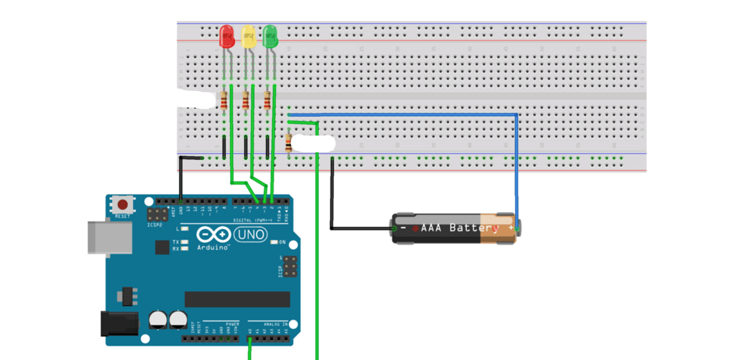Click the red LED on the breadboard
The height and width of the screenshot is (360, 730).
(227, 36)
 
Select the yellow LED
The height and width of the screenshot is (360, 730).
(248, 37)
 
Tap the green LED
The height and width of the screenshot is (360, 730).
(270, 36)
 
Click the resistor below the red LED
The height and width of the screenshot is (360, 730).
(224, 101)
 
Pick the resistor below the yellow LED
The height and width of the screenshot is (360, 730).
(246, 101)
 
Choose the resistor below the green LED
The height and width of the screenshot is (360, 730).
(267, 101)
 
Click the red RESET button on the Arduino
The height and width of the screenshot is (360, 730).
(123, 204)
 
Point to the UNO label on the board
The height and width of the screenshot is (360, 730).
(251, 234)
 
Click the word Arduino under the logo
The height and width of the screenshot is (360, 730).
(213, 247)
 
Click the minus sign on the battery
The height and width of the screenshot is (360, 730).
(403, 228)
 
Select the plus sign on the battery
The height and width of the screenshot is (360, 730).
(511, 228)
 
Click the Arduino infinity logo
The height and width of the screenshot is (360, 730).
(213, 234)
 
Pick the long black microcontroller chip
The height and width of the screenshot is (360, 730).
(237, 299)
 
